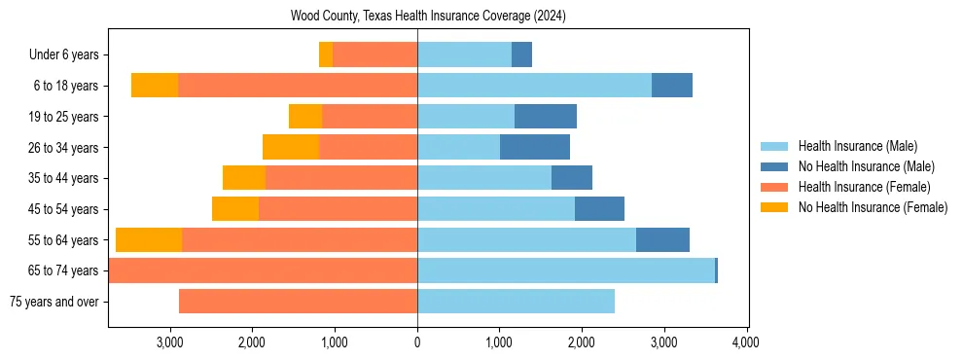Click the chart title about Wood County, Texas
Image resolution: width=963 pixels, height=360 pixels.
click(428, 17)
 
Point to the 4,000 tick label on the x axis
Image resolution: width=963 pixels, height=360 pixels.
click(746, 342)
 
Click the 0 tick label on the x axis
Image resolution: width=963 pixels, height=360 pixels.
click(417, 342)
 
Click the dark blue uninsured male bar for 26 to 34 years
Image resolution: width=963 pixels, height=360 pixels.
click(535, 147)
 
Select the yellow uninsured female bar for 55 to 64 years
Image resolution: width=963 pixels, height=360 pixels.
click(149, 239)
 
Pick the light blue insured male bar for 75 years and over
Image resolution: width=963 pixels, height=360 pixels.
click(516, 302)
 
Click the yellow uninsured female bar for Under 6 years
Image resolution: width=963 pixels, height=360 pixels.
click(326, 54)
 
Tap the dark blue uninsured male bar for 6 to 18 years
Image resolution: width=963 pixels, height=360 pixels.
click(672, 86)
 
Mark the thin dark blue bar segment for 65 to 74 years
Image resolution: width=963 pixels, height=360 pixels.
click(716, 270)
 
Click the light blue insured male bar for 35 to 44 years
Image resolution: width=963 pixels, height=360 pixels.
click(484, 178)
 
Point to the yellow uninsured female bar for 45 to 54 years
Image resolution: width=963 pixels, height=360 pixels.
click(235, 209)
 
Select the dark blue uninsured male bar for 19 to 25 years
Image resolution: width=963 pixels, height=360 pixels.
click(546, 117)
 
